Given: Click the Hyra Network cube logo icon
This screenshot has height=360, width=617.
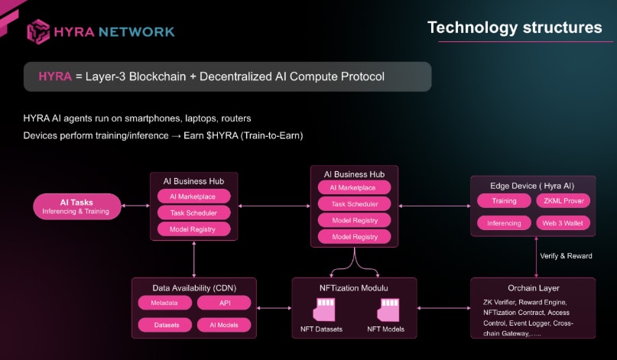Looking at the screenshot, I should pos(38,31).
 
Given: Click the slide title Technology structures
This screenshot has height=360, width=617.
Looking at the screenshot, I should pos(514,28).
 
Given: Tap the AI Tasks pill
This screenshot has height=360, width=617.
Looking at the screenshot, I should pos(76,206).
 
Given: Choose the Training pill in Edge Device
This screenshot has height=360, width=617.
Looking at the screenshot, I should pos(504,201).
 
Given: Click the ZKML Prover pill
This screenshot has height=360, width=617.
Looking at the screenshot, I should pos(563,201).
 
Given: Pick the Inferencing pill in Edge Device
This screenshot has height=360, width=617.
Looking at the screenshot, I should pos(504,223).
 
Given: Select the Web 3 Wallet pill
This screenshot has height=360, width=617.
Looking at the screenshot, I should pos(563,223).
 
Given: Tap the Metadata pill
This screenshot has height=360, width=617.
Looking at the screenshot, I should pos(164,303).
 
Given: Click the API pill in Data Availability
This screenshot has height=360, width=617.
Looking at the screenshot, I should pos(224,303).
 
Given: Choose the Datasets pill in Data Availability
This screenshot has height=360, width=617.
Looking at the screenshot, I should pos(164,325).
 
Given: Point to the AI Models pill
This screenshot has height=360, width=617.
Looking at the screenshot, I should pos(224,325).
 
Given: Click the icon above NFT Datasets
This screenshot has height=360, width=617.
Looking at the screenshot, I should pos(326,310).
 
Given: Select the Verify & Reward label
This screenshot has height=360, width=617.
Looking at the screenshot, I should pos(566,255).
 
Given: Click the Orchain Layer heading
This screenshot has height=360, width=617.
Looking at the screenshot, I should pos(532,288).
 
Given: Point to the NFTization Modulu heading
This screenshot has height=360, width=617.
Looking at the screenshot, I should pos(354,288).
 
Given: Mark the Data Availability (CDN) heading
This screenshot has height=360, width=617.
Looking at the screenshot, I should pos(193,287).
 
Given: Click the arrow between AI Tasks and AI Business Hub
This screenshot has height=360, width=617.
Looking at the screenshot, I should pos(135,206).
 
